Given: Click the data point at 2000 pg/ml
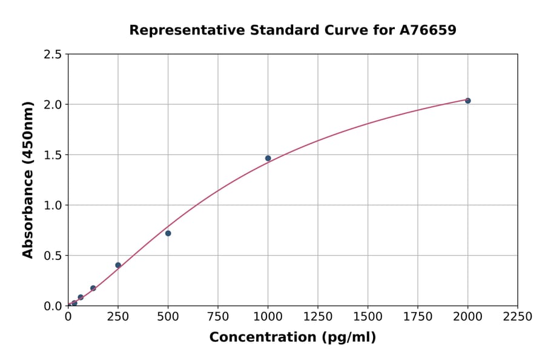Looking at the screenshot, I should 467,101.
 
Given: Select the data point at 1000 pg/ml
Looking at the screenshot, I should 268,158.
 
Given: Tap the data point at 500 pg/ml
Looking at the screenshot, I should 168,233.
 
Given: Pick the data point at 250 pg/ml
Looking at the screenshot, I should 118,265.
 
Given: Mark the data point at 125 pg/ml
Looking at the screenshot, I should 93,288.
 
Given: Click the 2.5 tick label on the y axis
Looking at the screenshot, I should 52,55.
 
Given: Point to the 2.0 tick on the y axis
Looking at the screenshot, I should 52,105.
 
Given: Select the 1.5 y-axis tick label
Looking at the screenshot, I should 52,155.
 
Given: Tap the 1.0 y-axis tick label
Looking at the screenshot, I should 52,205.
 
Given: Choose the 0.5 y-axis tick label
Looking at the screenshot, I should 52,256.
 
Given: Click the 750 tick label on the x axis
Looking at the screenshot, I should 218,317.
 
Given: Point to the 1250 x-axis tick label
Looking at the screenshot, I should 318,317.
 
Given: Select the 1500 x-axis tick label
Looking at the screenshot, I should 368,317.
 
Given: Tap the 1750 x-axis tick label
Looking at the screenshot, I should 418,317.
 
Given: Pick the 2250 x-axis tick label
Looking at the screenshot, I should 518,317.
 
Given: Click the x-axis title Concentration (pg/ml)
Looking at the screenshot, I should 292,338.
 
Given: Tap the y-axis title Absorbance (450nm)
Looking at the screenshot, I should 28,179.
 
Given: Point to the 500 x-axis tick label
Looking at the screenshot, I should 168,317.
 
